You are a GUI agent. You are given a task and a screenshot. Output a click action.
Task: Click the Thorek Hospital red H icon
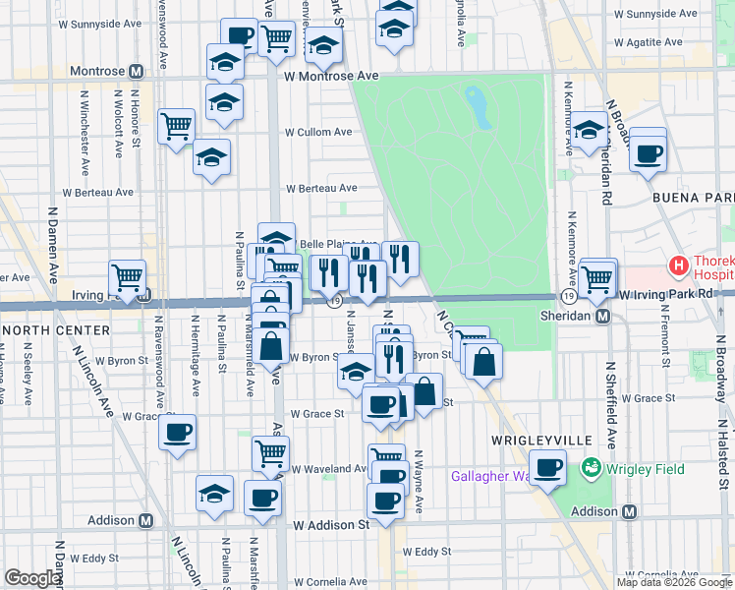click(677, 265)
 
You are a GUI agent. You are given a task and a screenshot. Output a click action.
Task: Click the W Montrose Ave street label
click(331, 76)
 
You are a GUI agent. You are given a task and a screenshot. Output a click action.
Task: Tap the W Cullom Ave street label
click(318, 132)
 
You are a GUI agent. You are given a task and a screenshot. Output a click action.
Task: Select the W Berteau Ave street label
click(321, 188)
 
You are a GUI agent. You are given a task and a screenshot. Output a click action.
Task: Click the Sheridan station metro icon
click(603, 317)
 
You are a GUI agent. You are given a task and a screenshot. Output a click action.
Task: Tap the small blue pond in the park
click(481, 107)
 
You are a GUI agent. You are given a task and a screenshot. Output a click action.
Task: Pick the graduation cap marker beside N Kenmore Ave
click(590, 130)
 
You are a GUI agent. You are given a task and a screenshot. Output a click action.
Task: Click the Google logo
click(32, 578)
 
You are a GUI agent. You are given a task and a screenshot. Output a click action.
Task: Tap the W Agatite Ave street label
click(648, 42)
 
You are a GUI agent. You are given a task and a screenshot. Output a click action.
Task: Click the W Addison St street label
click(333, 525)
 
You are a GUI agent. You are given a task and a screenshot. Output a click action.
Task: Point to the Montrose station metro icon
click(137, 72)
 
